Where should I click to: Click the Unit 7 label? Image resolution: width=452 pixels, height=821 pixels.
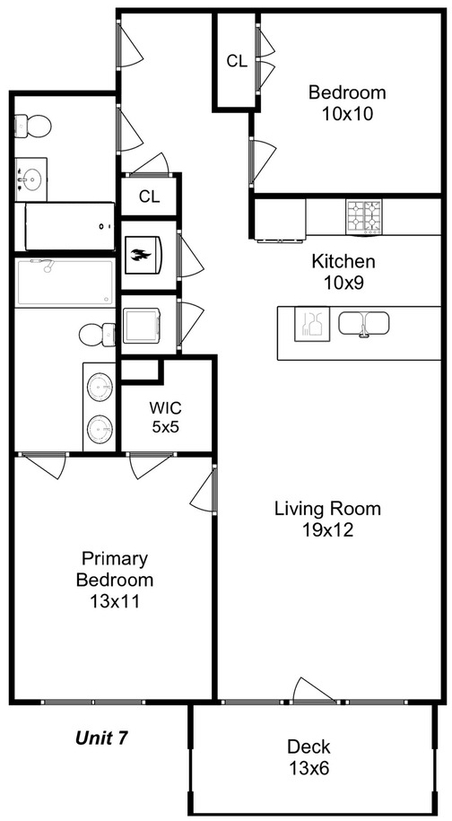[x=101, y=738]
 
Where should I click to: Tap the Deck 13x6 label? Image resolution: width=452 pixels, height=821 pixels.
[x=309, y=756]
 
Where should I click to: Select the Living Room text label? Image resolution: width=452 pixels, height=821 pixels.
[x=328, y=508]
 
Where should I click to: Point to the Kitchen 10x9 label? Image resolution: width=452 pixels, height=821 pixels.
[x=343, y=272]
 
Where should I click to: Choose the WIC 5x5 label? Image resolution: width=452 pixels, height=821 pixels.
[x=166, y=417]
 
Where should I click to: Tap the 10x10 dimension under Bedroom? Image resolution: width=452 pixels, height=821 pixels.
[x=347, y=114]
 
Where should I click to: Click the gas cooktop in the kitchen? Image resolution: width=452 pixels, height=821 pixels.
[x=363, y=215]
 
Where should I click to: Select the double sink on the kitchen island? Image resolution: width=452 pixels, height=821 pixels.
[x=363, y=324]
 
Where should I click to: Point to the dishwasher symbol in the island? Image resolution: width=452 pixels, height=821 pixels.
[x=312, y=324]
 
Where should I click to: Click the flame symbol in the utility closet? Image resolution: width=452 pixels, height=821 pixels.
[x=143, y=255]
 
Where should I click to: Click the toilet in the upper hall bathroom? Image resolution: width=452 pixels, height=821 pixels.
[x=32, y=126]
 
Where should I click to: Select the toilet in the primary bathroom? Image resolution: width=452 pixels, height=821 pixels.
[x=97, y=335]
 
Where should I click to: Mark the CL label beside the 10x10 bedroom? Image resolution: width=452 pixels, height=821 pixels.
[x=237, y=61]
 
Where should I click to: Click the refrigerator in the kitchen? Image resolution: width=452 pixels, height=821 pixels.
[x=280, y=219]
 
